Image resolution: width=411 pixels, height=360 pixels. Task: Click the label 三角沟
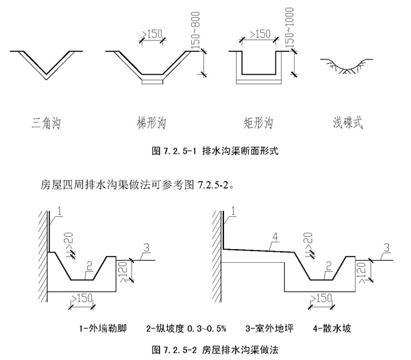click(x=46, y=123)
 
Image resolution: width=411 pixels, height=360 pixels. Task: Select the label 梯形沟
click(x=151, y=123)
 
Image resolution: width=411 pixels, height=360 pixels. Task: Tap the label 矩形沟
click(x=258, y=123)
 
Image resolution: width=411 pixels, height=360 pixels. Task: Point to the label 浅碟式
click(x=348, y=123)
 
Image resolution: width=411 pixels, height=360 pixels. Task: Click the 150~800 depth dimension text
click(x=195, y=30)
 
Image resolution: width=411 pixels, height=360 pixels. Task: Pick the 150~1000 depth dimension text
click(x=289, y=28)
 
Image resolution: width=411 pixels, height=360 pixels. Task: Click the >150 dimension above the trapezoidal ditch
click(x=152, y=34)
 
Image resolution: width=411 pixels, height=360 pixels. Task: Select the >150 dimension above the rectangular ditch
click(x=260, y=34)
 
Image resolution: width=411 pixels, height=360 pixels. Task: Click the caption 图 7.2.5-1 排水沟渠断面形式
click(x=214, y=151)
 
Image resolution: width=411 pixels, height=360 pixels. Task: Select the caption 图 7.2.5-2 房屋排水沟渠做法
click(x=214, y=350)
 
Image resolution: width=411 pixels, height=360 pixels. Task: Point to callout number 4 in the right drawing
click(x=275, y=237)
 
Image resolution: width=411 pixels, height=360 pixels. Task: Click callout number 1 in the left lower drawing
click(x=60, y=211)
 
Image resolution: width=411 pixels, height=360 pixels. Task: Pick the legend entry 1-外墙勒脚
click(x=103, y=329)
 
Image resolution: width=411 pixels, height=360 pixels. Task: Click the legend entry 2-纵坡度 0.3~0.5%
click(x=186, y=329)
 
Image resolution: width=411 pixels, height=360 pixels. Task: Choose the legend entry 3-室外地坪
click(x=269, y=329)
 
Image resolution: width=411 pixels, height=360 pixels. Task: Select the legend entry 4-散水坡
click(x=332, y=329)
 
